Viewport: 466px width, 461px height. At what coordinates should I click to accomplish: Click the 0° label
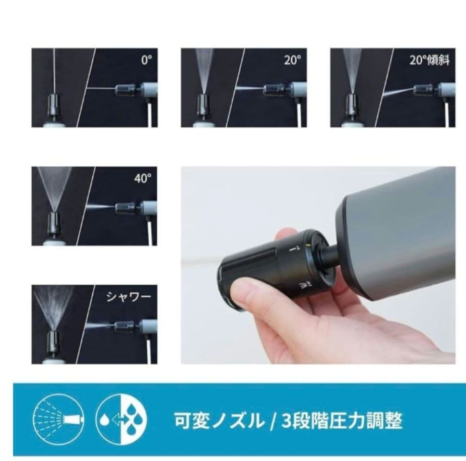(x=146, y=60)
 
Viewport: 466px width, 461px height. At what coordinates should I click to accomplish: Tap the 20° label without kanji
(x=292, y=60)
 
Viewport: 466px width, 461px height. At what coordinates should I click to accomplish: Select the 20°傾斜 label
(x=429, y=61)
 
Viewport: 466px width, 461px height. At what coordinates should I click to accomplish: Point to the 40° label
(x=143, y=179)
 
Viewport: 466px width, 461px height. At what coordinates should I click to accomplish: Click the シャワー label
(x=128, y=297)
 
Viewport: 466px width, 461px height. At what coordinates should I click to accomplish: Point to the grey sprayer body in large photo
(x=398, y=232)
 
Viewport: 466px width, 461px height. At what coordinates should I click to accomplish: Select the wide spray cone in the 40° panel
(x=54, y=186)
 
